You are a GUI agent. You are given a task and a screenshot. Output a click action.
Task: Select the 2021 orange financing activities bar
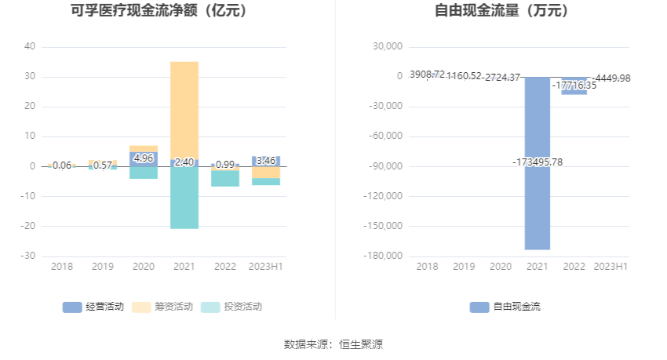[x=184, y=110]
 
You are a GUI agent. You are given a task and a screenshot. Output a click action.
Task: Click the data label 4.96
[x=144, y=158]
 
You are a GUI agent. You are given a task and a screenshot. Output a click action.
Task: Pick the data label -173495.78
[x=538, y=162]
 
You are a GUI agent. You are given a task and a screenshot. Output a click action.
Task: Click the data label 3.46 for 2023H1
[x=266, y=161]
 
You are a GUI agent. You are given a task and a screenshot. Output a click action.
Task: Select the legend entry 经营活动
[x=93, y=307]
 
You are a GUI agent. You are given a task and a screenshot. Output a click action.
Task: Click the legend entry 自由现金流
[x=505, y=307]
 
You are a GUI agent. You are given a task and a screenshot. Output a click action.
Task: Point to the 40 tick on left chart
[x=30, y=46]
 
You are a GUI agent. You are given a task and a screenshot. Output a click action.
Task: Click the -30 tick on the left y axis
[x=28, y=256]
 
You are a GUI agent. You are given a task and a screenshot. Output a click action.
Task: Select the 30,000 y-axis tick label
[x=387, y=46]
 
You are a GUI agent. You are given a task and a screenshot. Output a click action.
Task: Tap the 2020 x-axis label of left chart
[x=144, y=267]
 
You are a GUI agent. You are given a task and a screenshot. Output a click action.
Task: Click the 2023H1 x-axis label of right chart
[x=611, y=267]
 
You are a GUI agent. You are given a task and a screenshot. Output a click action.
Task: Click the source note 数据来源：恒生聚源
[x=333, y=344]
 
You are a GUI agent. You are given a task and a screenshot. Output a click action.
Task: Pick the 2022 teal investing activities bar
[x=225, y=179]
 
